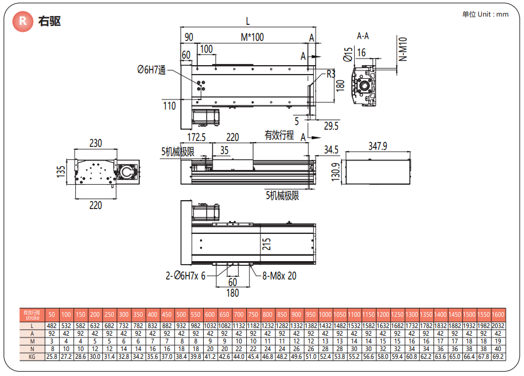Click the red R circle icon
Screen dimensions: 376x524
(x=22, y=21)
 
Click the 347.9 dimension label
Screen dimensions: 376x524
(x=377, y=146)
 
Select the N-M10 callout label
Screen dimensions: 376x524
(x=403, y=50)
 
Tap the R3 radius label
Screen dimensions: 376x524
(x=331, y=74)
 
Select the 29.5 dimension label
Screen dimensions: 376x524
(x=332, y=126)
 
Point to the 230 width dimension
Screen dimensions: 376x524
(x=95, y=143)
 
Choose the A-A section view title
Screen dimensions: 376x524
(x=363, y=36)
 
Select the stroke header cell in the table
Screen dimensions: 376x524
(x=33, y=314)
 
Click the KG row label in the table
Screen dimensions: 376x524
(x=33, y=357)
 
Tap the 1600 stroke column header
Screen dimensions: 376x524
(x=498, y=314)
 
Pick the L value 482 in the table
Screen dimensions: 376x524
(x=52, y=325)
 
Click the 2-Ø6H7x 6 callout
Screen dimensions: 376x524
(x=186, y=275)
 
